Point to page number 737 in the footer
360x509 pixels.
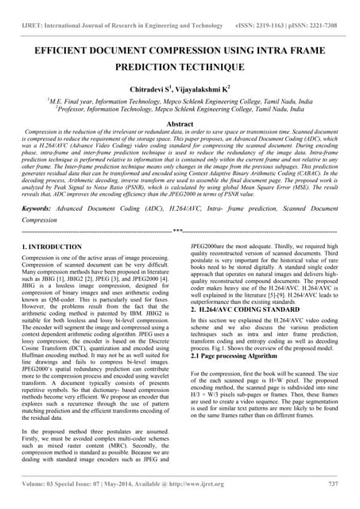[332, 483]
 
